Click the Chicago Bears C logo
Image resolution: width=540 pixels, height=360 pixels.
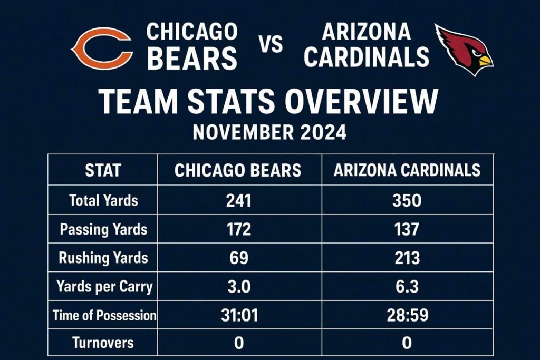101,48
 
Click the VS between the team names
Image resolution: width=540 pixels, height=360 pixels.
271,45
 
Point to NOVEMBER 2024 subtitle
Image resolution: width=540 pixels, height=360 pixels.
269,132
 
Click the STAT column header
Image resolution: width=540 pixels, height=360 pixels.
103,170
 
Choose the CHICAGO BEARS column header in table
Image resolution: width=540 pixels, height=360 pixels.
238,170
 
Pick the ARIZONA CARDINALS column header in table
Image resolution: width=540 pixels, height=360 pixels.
407,170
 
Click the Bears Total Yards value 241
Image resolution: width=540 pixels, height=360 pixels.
238,200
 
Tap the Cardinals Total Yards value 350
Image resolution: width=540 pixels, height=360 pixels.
407,200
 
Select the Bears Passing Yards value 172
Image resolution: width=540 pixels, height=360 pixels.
238,229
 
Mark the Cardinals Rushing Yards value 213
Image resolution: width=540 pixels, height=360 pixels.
407,258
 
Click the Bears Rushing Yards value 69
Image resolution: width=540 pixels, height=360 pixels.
238,258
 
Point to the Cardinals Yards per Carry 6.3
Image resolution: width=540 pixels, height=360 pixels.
407,287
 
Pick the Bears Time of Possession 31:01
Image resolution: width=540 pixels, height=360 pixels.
238,315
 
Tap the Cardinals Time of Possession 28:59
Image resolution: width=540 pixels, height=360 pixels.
407,315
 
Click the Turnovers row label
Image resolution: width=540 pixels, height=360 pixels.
103,343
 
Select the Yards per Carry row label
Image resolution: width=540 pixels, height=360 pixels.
104,287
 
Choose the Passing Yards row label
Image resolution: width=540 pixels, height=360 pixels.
103,229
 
